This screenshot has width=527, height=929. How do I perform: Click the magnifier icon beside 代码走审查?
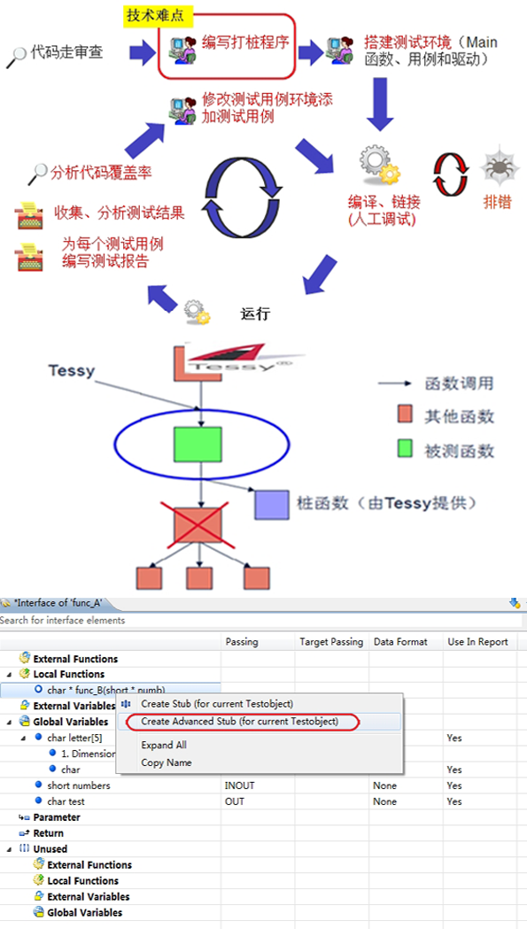(17, 57)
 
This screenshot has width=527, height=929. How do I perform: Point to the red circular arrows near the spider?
(449, 174)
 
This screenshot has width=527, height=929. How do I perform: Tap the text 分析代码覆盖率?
(101, 173)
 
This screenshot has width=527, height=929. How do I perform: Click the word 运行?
(255, 314)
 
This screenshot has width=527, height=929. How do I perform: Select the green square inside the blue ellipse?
(198, 444)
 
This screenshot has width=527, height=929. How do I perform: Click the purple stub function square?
(272, 504)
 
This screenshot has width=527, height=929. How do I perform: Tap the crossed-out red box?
(198, 524)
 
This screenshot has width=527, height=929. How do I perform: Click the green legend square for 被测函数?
(405, 450)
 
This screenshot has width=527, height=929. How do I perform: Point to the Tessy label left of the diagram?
(72, 371)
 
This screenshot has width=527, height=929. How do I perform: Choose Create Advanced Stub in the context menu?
(239, 722)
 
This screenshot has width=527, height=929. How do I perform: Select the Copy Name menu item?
(166, 763)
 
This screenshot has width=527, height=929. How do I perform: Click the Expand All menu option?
(164, 745)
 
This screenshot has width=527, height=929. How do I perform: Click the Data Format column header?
(400, 642)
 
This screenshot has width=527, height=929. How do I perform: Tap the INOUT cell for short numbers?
(239, 786)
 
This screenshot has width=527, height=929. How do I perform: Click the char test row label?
(66, 801)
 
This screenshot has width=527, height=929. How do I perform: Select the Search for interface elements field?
(260, 620)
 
